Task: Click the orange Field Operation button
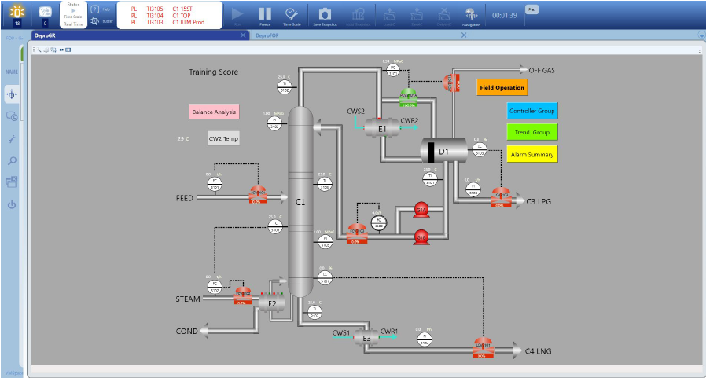(502, 88)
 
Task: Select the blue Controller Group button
(532, 111)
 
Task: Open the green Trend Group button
(532, 133)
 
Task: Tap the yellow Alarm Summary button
(532, 154)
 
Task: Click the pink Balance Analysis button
(214, 112)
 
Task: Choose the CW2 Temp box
(222, 138)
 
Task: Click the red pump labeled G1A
(421, 210)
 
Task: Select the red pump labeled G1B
(421, 236)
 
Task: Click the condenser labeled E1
(383, 128)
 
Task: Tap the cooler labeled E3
(366, 338)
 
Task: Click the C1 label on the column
(300, 202)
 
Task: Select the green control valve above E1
(408, 97)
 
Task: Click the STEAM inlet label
(188, 299)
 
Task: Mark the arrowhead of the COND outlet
(204, 332)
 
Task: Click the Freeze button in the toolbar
(265, 15)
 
